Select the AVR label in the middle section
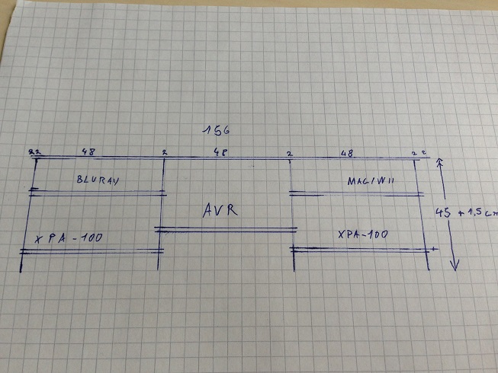pos(220,210)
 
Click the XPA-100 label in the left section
pos(69,238)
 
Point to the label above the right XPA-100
pos(368,181)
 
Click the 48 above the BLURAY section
pos(88,152)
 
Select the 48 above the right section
pos(346,153)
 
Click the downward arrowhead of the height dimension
pos(454,266)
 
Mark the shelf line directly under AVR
pos(226,228)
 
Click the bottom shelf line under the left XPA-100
pos(92,250)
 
